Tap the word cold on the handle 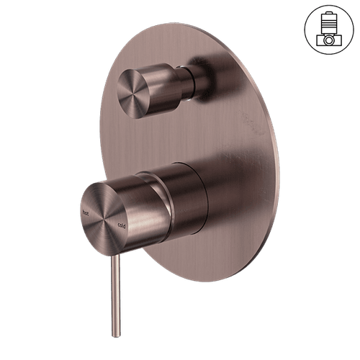point(122,225)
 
